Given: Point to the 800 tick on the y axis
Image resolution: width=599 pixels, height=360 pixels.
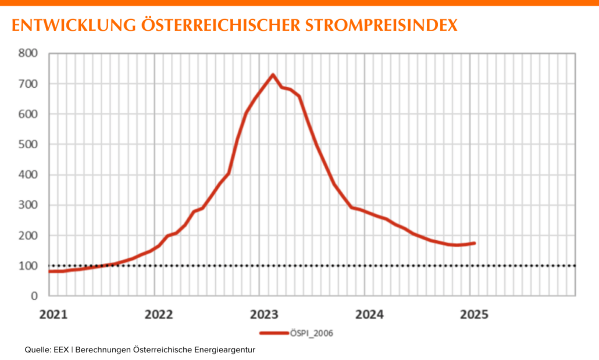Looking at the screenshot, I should pos(28,54).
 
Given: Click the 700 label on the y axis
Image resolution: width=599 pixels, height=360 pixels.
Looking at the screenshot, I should pos(28,84).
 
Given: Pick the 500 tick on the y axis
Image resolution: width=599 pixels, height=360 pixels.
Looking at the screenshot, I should pos(28,144).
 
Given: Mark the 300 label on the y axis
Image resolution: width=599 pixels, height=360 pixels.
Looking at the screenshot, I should pos(28,205).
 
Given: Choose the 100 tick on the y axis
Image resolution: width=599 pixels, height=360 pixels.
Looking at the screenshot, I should pos(28,266).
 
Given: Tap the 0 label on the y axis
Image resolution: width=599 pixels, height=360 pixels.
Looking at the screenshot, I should pos(35,296).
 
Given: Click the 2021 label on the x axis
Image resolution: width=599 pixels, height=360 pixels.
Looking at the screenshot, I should pos(53,315).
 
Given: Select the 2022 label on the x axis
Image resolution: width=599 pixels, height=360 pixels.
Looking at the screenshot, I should pos(158,315).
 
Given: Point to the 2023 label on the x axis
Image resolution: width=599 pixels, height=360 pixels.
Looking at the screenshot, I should pos(263,315).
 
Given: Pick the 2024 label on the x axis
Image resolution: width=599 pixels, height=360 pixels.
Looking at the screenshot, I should pos(369,315).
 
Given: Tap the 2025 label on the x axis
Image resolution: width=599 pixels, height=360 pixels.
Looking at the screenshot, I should pos(474,315).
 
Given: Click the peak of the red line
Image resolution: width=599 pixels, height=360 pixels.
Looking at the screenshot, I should pos(273,75).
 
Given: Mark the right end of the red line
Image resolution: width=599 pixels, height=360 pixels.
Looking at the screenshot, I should pos(475,243).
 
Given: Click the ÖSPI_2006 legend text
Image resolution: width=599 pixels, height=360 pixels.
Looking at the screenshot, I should pos(311,333).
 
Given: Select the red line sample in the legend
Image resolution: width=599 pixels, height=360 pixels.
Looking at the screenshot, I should pos(274,333).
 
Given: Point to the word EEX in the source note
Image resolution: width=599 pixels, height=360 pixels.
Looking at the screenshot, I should pos(60,350).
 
